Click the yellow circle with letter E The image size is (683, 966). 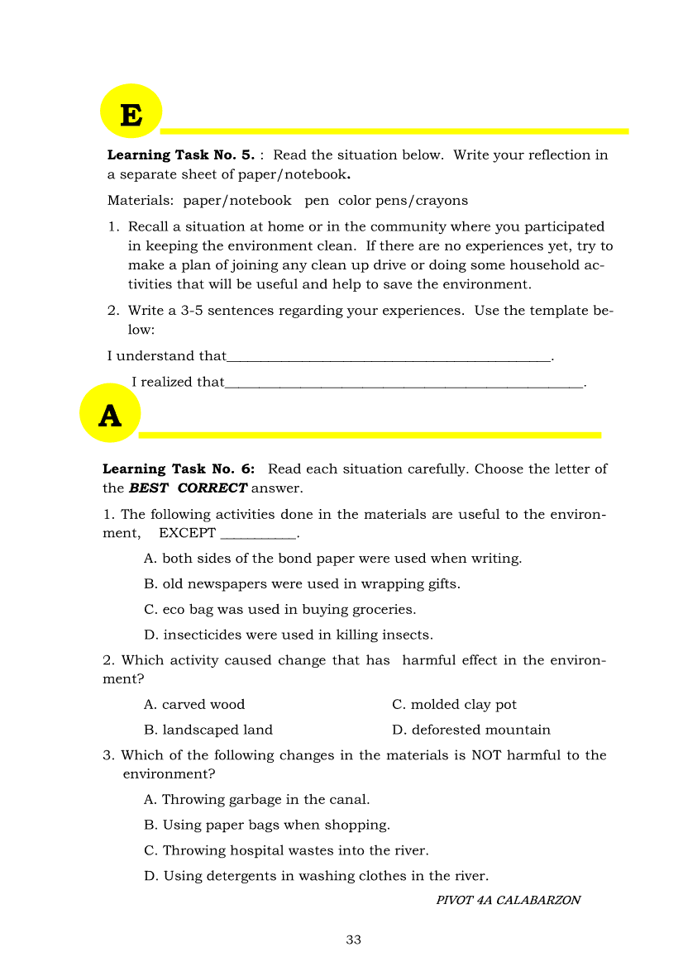click(131, 112)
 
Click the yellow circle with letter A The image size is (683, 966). click(110, 413)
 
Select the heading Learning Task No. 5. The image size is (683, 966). click(181, 155)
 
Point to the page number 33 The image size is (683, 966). click(354, 940)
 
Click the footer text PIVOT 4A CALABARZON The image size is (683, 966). click(508, 900)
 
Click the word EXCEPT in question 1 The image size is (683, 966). click(187, 533)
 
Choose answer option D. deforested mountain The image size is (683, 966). click(471, 730)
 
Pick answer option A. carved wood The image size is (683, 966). click(194, 705)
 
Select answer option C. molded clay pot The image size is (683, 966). click(454, 705)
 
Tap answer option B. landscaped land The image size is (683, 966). click(208, 730)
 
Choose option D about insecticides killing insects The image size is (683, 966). click(289, 635)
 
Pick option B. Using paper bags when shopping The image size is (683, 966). click(266, 825)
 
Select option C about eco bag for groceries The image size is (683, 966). click(279, 610)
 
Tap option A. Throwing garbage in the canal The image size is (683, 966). click(256, 800)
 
